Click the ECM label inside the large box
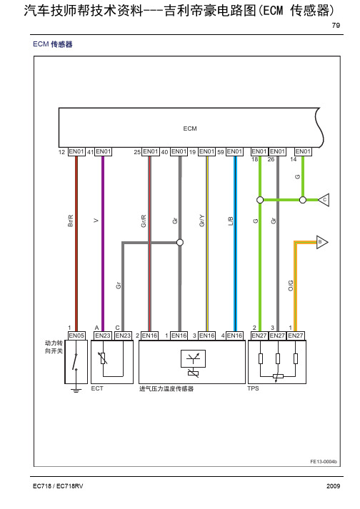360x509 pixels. point(190,128)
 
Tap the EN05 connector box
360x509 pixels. point(76,336)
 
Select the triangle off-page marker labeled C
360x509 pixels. point(324,200)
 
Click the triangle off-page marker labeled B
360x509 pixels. point(322,242)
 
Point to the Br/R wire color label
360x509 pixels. point(71,221)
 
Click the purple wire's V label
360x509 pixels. point(96,221)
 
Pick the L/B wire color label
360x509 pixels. point(231,221)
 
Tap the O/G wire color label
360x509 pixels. point(291,286)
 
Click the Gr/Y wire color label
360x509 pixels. point(201,221)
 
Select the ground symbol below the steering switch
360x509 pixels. point(76,390)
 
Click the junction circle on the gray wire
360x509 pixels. point(180,243)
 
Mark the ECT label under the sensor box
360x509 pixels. point(97,388)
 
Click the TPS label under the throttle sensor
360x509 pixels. point(253,388)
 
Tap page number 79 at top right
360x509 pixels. point(336,25)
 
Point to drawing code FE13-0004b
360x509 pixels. point(324,462)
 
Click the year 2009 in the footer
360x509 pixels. point(334,486)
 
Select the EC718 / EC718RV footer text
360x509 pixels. point(58,486)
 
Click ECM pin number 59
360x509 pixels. point(221,152)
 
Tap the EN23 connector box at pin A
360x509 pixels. point(103,336)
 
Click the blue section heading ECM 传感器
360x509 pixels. point(53,44)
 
